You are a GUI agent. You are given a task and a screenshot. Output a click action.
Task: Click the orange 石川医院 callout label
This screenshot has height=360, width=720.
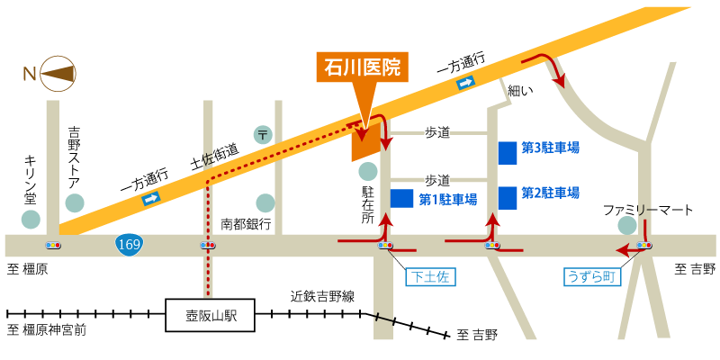(x=362, y=67)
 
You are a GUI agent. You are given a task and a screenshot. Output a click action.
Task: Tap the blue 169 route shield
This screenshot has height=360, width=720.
(x=128, y=244)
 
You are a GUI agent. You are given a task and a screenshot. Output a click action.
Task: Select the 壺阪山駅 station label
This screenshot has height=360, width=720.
(x=211, y=315)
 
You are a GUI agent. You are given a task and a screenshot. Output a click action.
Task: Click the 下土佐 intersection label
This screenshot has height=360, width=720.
(x=430, y=277)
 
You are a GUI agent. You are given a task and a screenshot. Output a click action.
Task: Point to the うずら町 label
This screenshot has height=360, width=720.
(x=592, y=277)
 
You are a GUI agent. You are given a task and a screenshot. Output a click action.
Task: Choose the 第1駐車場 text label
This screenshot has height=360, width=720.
(x=447, y=200)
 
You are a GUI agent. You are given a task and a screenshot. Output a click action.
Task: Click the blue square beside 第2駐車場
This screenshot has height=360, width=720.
(x=508, y=197)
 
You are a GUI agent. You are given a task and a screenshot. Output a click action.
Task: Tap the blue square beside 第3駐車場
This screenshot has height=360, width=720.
(x=508, y=152)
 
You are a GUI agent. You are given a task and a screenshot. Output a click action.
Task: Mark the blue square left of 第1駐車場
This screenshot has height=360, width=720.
(x=401, y=198)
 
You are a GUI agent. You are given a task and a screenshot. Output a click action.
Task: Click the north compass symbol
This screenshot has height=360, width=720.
(x=58, y=74)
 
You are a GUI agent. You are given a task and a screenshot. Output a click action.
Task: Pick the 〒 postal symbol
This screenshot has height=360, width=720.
(x=263, y=135)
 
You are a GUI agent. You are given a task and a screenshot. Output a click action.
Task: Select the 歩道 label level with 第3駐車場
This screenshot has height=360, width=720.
(x=437, y=133)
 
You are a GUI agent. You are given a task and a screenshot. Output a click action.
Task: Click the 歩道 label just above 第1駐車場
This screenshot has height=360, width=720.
(x=437, y=180)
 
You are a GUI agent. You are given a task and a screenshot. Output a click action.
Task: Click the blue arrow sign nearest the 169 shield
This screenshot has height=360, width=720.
(x=151, y=198)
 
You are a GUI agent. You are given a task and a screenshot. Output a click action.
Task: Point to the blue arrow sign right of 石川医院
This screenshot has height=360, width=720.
(x=465, y=83)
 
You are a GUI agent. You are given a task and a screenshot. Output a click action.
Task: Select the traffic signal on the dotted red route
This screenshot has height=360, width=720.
(x=208, y=245)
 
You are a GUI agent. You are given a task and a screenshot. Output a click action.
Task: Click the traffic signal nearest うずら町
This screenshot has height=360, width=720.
(x=643, y=245)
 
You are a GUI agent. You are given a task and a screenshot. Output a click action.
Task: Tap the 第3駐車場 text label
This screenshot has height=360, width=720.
(x=550, y=148)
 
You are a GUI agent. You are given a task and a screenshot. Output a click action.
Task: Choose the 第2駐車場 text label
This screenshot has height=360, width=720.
(x=550, y=193)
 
